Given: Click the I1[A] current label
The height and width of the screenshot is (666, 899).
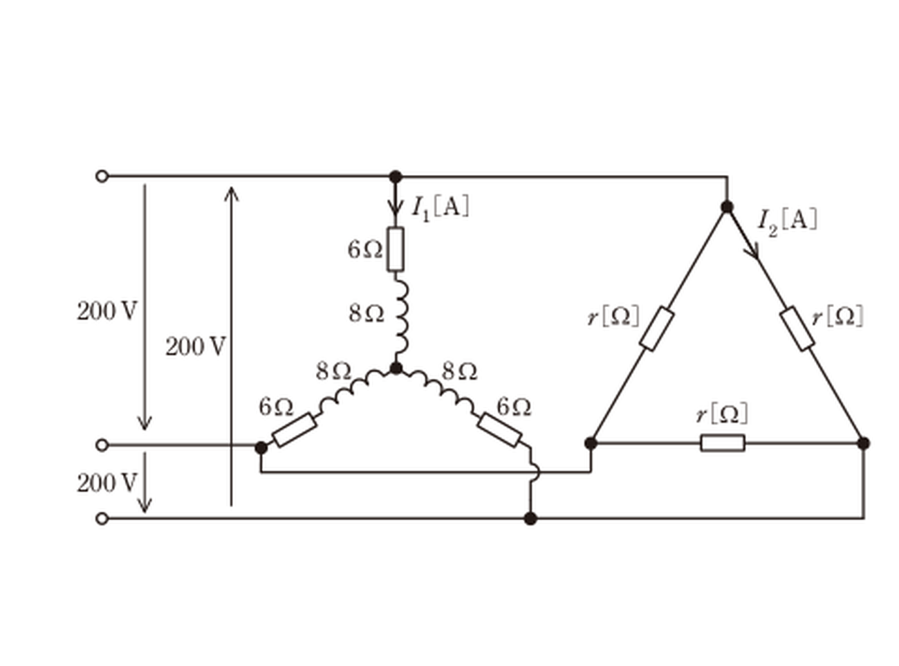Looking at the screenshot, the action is [441, 208].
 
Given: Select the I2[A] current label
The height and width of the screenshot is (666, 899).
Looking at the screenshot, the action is [787, 223].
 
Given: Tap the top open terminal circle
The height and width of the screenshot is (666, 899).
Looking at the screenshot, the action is [102, 176].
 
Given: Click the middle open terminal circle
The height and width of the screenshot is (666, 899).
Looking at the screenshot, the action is [102, 445].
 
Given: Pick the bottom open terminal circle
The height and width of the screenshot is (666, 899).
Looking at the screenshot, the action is [102, 519].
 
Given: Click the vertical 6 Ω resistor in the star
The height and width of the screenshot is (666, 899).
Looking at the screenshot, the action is [396, 249].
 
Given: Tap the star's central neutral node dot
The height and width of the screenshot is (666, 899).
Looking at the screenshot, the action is [396, 368].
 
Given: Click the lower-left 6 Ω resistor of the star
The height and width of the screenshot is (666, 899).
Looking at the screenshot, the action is [295, 429].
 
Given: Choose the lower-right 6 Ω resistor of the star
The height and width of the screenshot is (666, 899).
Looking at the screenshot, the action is [499, 430].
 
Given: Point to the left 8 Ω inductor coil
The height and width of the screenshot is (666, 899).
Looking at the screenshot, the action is [353, 391].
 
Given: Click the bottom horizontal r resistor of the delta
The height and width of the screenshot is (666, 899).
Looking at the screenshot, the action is [723, 443].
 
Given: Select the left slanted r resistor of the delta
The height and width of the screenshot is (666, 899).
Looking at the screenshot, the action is [657, 329].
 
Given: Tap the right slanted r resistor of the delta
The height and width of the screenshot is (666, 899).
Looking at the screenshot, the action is [797, 329].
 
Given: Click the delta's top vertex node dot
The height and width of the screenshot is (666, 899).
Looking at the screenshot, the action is [727, 207].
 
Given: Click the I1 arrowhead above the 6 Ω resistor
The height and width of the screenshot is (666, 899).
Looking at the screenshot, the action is [395, 207].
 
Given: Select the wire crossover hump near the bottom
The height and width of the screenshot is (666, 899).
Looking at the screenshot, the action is [535, 472].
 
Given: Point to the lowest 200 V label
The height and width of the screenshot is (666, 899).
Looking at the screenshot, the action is [107, 483].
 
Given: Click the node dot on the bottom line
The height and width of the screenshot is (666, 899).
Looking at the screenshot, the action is [530, 519].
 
